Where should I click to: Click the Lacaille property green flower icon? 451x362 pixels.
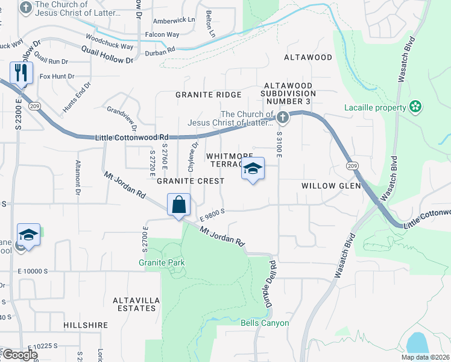point(415,107)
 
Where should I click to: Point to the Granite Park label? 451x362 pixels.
point(162,262)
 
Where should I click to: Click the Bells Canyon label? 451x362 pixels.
point(265,323)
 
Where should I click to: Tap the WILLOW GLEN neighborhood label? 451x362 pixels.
point(331,186)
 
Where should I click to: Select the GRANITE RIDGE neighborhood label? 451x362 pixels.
point(208,95)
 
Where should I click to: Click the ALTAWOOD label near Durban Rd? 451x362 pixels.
point(308,57)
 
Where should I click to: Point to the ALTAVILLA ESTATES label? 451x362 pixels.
point(129,303)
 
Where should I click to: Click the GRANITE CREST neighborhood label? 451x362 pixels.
point(191,181)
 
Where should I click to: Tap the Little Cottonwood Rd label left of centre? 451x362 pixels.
point(131,138)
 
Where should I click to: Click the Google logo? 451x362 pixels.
point(19,355)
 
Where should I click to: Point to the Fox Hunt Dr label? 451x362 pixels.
point(57,77)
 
